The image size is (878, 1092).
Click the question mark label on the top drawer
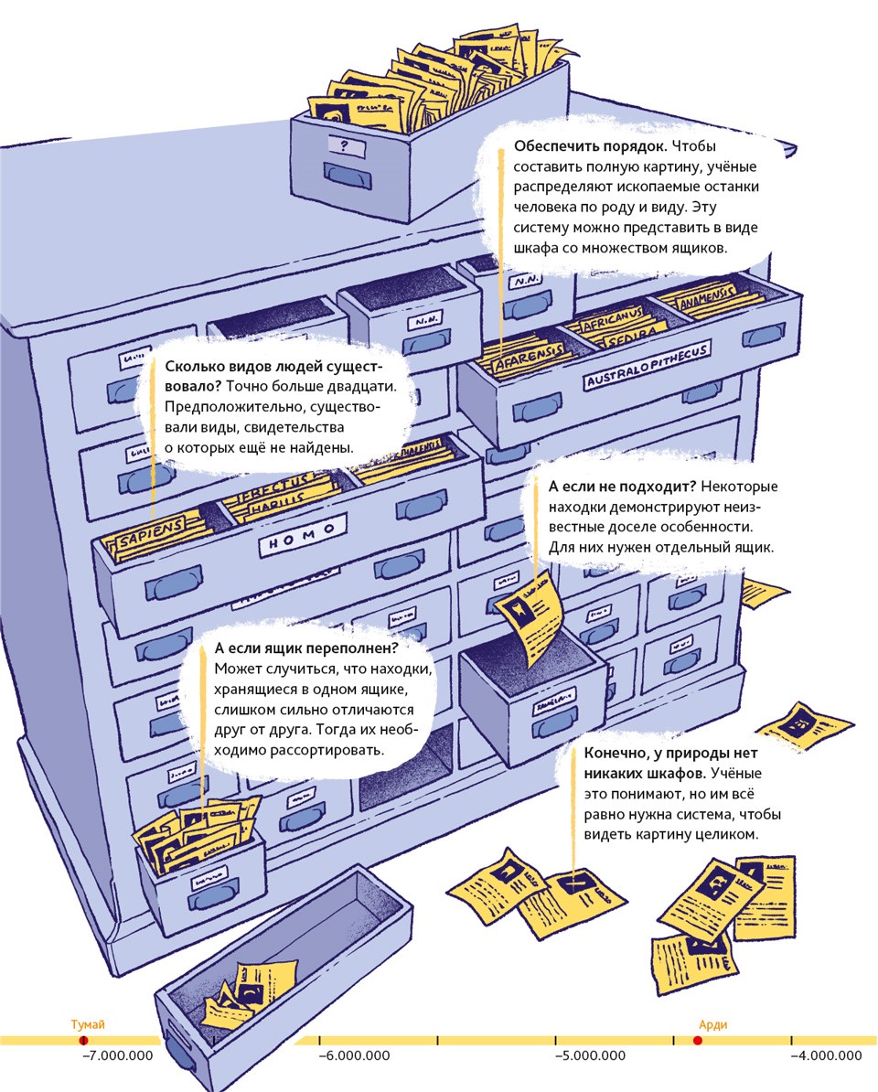(x=345, y=145)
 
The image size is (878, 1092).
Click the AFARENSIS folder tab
(x=527, y=359)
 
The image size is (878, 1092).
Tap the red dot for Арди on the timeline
(x=698, y=1041)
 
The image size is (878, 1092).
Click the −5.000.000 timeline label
(x=590, y=1057)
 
